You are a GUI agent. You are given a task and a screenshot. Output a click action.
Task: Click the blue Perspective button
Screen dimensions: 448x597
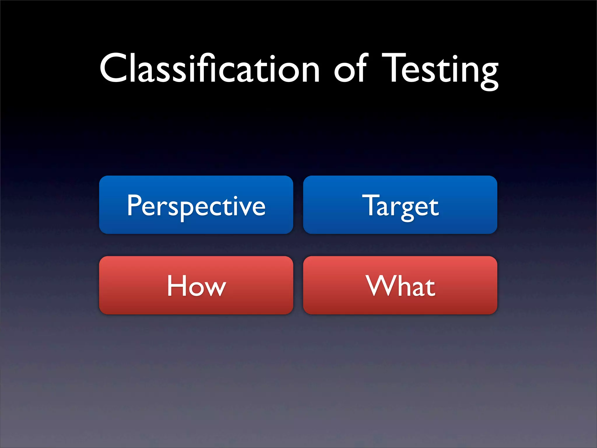click(196, 205)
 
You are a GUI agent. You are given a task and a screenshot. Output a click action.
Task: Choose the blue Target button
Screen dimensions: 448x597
click(400, 205)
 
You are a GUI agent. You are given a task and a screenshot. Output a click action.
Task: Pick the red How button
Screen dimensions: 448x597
click(196, 285)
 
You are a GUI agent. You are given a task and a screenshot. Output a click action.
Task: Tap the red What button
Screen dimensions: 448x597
click(400, 285)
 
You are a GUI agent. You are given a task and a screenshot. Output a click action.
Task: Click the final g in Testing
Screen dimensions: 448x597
click(488, 74)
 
